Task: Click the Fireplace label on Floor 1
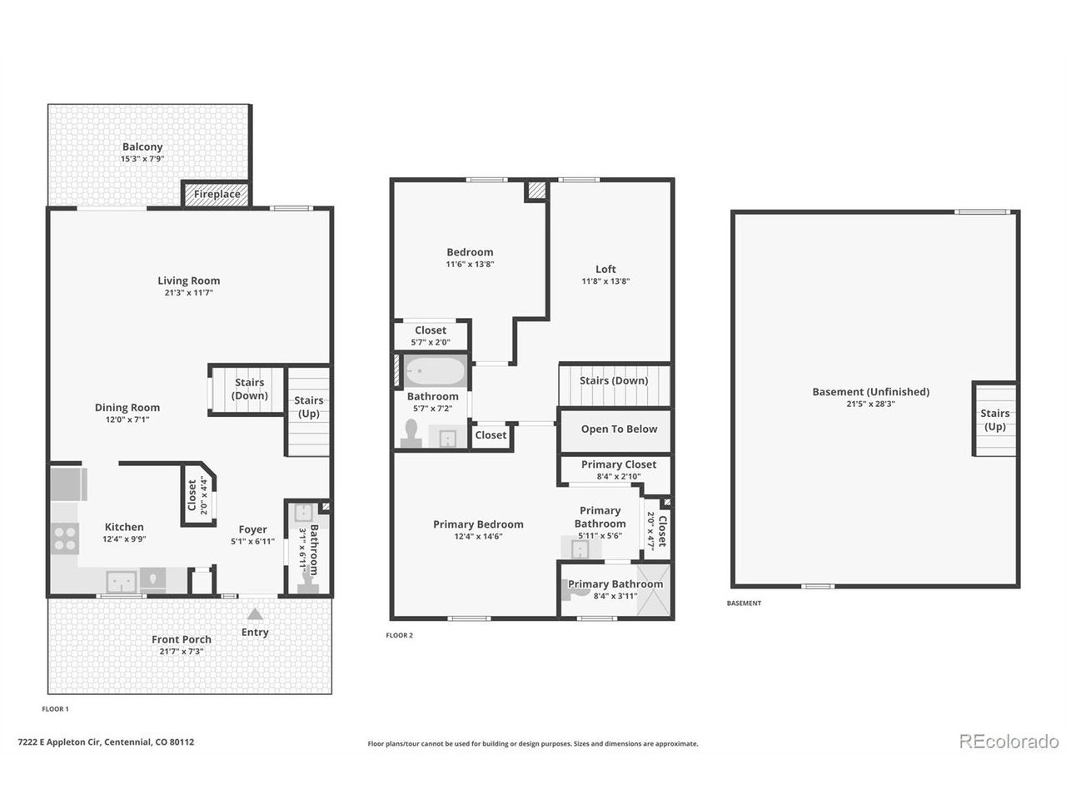pyautogui.click(x=217, y=194)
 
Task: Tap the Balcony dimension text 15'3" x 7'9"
pyautogui.click(x=142, y=159)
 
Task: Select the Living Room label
pyautogui.click(x=188, y=280)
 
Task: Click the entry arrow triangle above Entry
pyautogui.click(x=255, y=614)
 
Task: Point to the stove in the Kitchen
pyautogui.click(x=65, y=538)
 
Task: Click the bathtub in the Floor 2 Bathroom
pyautogui.click(x=435, y=371)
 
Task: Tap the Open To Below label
pyautogui.click(x=619, y=429)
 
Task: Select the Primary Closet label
pyautogui.click(x=618, y=464)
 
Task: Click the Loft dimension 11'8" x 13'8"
pyautogui.click(x=605, y=280)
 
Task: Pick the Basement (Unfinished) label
pyautogui.click(x=870, y=391)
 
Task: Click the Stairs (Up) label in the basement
pyautogui.click(x=994, y=419)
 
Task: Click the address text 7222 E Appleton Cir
pyautogui.click(x=59, y=742)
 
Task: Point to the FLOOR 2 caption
pyautogui.click(x=399, y=635)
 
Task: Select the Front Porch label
pyautogui.click(x=182, y=639)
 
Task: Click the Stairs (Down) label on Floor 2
pyautogui.click(x=614, y=380)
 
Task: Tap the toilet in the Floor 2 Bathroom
pyautogui.click(x=411, y=434)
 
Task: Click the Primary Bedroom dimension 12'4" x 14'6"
pyautogui.click(x=478, y=536)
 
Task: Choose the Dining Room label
pyautogui.click(x=127, y=408)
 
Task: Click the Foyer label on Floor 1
pyautogui.click(x=252, y=529)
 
